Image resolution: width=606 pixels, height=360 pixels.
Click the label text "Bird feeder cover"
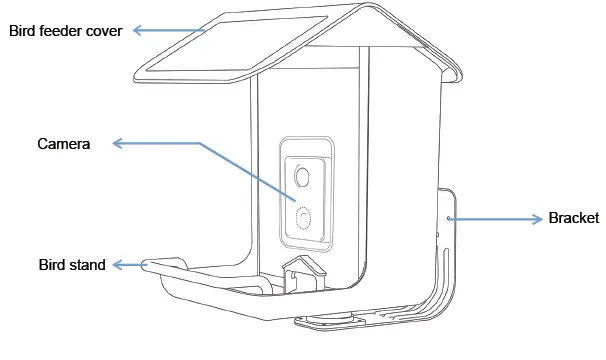tap(65, 31)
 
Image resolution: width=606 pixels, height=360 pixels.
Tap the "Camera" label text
tap(64, 144)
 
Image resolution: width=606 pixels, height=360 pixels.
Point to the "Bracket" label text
tap(574, 218)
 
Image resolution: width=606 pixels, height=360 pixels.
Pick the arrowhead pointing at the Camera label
tap(117, 144)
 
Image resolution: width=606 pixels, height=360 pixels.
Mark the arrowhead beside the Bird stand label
tap(116, 265)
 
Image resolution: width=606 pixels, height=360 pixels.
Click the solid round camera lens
tap(303, 177)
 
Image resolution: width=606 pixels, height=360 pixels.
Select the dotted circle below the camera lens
tap(304, 216)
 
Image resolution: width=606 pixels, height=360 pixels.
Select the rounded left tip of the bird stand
tap(147, 264)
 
